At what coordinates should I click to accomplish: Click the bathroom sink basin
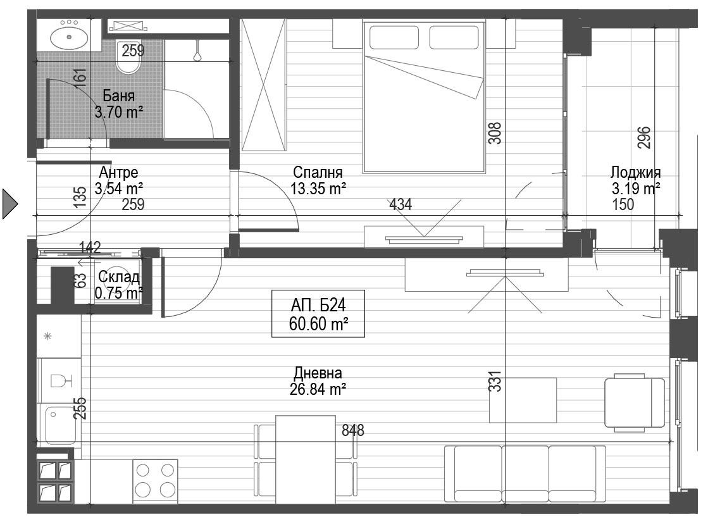point(70,37)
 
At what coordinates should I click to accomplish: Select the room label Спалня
point(318,172)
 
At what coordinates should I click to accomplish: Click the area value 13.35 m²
point(318,189)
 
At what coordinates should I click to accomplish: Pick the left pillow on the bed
point(394,37)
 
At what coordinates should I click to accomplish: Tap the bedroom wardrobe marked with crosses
point(264,85)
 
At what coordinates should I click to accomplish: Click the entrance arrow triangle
point(10,204)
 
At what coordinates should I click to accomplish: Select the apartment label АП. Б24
point(318,306)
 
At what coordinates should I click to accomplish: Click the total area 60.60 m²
point(318,323)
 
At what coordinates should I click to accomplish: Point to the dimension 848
point(352,430)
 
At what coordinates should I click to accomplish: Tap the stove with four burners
point(155,481)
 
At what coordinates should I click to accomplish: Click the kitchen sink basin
point(60,424)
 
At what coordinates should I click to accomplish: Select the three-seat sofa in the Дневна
point(525,474)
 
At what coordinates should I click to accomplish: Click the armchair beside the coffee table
point(635,401)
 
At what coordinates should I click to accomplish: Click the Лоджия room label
point(635,172)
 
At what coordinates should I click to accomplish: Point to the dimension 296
point(644,137)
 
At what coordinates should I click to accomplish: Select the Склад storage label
point(119,277)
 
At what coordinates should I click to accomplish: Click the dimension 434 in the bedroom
point(401,204)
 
